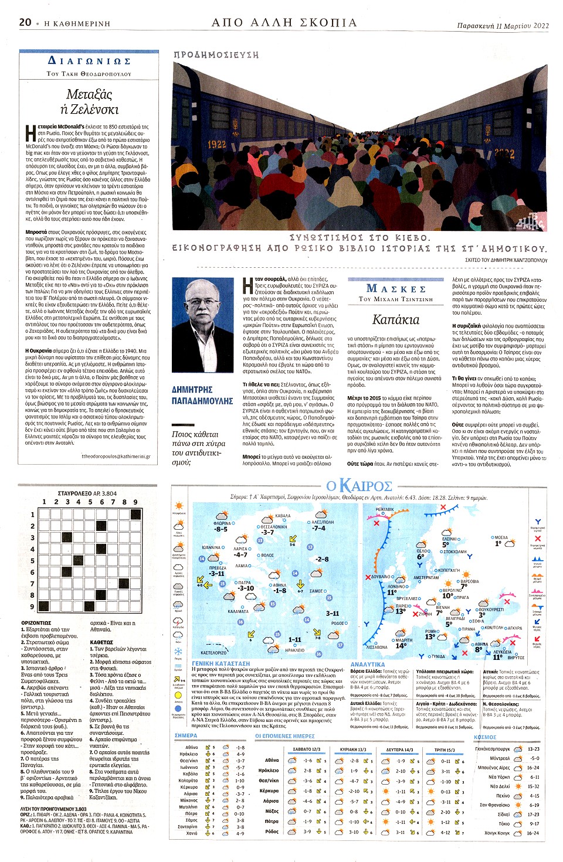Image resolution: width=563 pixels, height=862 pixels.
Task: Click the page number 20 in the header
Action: [25, 22]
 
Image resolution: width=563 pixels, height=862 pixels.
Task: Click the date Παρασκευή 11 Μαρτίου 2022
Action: [503, 26]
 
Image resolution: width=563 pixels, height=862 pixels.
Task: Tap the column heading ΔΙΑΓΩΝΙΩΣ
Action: [89, 61]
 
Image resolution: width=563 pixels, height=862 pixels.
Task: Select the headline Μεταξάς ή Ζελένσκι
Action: [89, 101]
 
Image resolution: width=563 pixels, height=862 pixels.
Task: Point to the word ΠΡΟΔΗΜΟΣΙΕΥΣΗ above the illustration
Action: [216, 54]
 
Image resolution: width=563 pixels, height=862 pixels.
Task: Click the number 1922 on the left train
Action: [216, 144]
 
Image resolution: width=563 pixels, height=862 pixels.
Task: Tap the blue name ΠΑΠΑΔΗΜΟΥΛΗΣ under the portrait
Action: [202, 401]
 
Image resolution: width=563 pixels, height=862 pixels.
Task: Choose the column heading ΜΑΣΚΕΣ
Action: [396, 288]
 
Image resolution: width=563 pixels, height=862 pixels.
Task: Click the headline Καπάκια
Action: [396, 319]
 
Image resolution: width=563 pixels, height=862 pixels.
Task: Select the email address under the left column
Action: [116, 456]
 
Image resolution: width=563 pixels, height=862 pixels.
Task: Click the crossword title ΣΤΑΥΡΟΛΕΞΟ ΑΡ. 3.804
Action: [87, 493]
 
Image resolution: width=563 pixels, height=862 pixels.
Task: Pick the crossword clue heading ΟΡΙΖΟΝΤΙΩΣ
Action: [36, 623]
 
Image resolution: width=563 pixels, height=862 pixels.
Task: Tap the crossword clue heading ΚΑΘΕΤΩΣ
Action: [101, 642]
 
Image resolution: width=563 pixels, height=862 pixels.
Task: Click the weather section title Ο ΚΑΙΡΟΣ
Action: [359, 486]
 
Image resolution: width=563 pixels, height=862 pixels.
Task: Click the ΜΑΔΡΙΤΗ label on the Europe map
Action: [404, 640]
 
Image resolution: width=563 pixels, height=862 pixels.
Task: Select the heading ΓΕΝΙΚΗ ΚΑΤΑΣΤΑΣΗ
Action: [221, 664]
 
